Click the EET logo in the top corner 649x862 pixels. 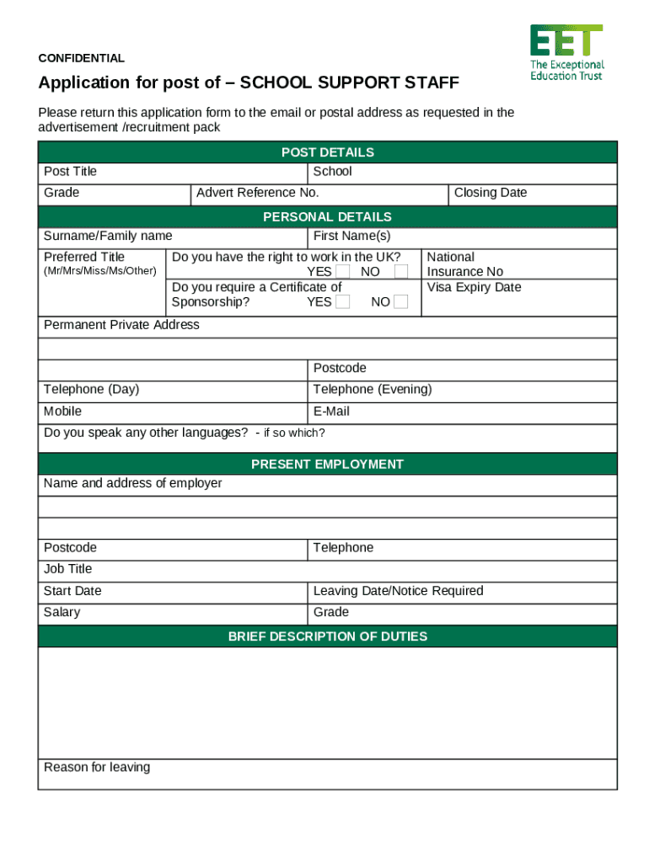click(x=566, y=52)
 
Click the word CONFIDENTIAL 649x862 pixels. click(x=82, y=58)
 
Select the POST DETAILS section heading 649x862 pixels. click(x=327, y=152)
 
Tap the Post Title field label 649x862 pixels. click(x=70, y=172)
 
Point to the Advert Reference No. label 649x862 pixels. click(x=257, y=193)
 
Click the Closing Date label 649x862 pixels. click(x=490, y=193)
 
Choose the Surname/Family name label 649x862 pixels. click(x=108, y=237)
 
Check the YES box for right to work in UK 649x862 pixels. click(x=342, y=272)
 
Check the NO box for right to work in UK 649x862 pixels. click(x=401, y=272)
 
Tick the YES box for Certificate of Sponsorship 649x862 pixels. click(x=342, y=302)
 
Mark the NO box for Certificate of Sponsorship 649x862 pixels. click(x=401, y=302)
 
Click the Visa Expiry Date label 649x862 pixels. click(x=474, y=288)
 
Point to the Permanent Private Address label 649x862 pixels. click(x=121, y=325)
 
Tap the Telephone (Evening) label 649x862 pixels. click(x=372, y=390)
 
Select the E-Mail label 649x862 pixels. click(x=331, y=412)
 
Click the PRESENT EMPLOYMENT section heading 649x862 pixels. click(x=327, y=465)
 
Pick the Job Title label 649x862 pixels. click(x=67, y=569)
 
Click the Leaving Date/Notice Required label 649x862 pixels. click(x=398, y=591)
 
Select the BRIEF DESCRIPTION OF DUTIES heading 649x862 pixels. click(x=327, y=637)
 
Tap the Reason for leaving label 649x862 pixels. click(x=97, y=768)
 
